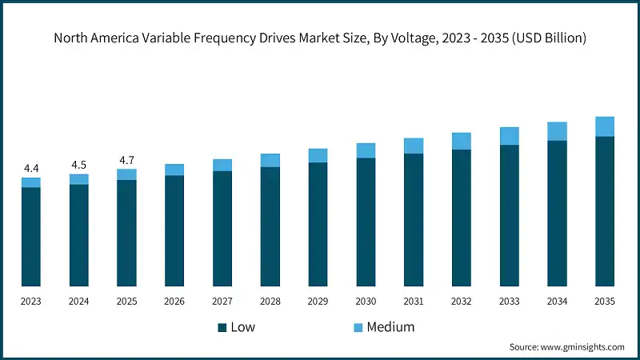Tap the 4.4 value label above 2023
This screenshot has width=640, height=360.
coord(31,168)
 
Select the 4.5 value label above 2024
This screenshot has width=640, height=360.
coord(79,165)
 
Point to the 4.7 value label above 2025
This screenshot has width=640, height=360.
coord(126,160)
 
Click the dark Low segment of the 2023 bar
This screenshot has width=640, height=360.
coord(31,237)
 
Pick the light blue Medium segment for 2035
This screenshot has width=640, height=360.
coord(605,126)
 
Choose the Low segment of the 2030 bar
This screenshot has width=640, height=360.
coord(366,222)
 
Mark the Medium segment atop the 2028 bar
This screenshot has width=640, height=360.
coord(270,160)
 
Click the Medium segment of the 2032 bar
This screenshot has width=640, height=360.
coord(462,141)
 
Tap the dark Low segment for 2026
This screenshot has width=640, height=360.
coord(174,230)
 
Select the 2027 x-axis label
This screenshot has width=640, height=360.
coord(222,302)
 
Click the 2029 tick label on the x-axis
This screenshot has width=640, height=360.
coord(318,302)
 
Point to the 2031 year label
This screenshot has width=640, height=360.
coord(414,302)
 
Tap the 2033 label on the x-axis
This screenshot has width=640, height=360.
coord(509,302)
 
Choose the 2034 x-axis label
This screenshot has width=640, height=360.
coord(557,302)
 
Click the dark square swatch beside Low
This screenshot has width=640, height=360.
coord(222,328)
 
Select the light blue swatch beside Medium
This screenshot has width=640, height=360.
coord(358,328)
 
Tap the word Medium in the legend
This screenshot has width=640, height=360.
coord(390,327)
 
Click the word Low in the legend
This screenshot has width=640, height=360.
coord(243,327)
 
